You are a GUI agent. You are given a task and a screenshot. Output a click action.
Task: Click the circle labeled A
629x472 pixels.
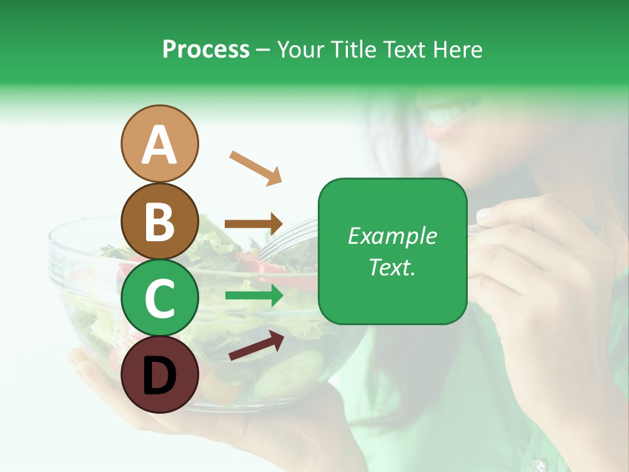(159, 144)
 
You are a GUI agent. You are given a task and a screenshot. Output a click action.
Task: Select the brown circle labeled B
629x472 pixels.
(159, 222)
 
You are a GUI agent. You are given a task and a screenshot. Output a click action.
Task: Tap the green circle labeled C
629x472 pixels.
(159, 298)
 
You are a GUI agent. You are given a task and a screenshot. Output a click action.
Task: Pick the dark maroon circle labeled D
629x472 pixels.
(159, 375)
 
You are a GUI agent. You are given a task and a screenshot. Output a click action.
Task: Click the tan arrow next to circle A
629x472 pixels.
(256, 168)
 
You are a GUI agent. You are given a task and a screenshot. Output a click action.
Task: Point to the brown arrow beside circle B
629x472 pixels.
(254, 224)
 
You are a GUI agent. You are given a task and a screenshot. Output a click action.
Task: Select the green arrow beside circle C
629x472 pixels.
(254, 296)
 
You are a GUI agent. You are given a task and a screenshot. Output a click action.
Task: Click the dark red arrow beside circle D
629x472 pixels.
(256, 345)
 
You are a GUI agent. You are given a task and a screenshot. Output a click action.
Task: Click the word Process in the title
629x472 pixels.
(206, 50)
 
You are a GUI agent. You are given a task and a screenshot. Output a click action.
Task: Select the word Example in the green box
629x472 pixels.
(392, 236)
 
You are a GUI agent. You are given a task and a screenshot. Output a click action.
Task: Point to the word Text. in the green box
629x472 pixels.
(392, 267)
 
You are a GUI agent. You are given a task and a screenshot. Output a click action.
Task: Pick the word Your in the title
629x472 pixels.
(297, 50)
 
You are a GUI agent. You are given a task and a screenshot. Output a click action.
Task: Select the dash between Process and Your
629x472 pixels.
(263, 50)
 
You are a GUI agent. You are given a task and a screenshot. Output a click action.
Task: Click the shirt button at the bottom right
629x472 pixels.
(539, 465)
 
